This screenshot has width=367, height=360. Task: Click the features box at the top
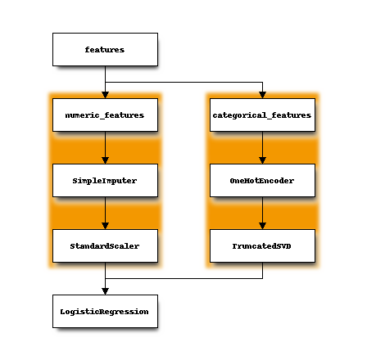[105, 49]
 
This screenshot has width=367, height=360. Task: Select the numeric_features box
[105, 115]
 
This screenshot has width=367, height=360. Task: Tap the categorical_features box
[262, 115]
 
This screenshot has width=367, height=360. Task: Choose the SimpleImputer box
[105, 180]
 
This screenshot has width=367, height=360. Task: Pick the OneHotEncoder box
[262, 180]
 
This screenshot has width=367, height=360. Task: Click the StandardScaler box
[105, 245]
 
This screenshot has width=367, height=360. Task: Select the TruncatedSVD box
[262, 245]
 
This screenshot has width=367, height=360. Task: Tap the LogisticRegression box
[105, 311]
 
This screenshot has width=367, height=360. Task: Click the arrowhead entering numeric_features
[105, 95]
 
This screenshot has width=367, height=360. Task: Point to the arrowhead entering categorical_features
[262, 95]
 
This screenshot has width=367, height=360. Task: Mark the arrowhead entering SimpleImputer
[105, 160]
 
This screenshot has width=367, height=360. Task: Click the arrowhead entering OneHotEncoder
[262, 160]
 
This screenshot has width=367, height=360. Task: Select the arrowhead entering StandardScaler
[105, 226]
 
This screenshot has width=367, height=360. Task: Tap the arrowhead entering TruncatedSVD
[262, 226]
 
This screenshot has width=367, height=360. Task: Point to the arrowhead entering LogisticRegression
[105, 291]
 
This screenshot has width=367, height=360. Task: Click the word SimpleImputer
[105, 181]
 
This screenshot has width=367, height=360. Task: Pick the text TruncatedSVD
[261, 246]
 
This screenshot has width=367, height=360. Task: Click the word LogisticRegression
[104, 312]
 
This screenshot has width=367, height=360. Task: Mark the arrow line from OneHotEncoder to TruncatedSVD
[262, 213]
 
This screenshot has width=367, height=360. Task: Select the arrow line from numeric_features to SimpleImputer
[105, 147]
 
